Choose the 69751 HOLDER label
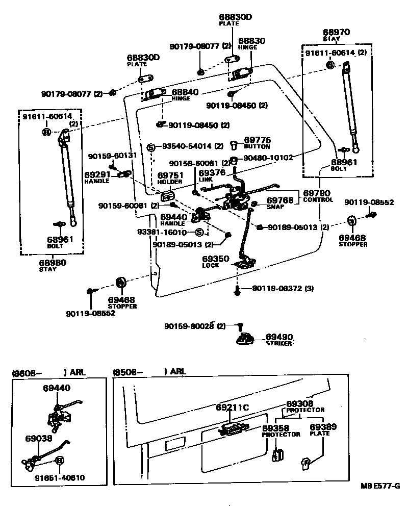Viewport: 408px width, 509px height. [x=170, y=178]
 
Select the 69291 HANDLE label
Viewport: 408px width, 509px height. [x=97, y=176]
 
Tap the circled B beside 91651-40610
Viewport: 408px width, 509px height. [x=60, y=461]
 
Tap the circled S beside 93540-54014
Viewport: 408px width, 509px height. [x=150, y=147]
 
